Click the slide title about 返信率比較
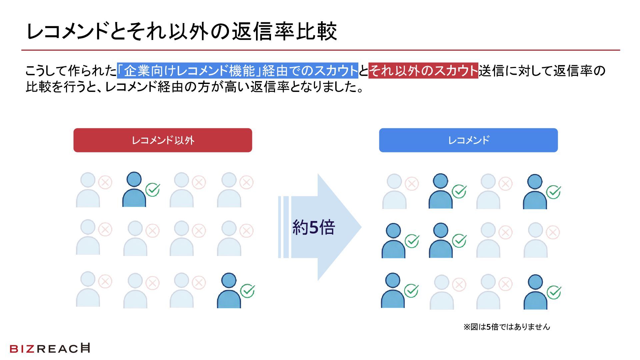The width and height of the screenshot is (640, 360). tap(182, 32)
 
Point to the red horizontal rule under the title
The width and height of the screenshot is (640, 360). tap(320, 50)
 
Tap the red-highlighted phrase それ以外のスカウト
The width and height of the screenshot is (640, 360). tap(423, 71)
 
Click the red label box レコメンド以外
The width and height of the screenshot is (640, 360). tap(163, 140)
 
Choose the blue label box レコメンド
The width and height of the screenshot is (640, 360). tap(468, 140)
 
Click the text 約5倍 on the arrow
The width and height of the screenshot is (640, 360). tap(313, 228)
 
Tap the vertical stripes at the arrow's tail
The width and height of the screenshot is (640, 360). tap(283, 227)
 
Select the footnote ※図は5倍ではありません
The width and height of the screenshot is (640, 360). tap(507, 327)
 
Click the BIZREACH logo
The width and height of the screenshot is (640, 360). tap(50, 348)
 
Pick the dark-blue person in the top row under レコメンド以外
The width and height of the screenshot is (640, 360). tap(134, 190)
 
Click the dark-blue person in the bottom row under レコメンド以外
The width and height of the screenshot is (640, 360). tap(229, 291)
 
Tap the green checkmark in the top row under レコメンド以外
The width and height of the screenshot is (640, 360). tap(153, 190)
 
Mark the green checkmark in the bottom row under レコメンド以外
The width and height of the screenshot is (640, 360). tap(248, 291)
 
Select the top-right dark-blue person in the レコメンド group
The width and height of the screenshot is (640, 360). tap(535, 192)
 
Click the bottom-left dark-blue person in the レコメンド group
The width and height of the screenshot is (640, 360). tap(393, 291)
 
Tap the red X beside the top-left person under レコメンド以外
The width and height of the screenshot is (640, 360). tap(105, 182)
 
